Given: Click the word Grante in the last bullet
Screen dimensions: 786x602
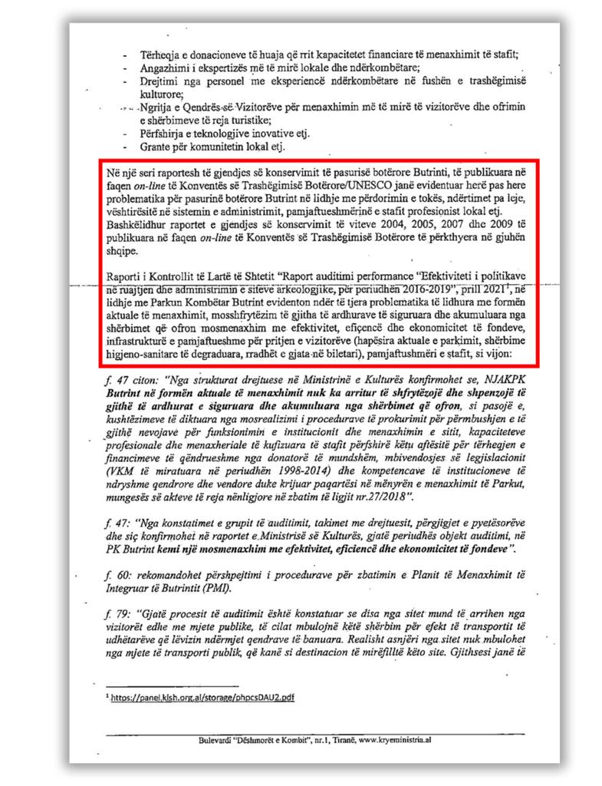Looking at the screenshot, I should pos(153,147).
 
